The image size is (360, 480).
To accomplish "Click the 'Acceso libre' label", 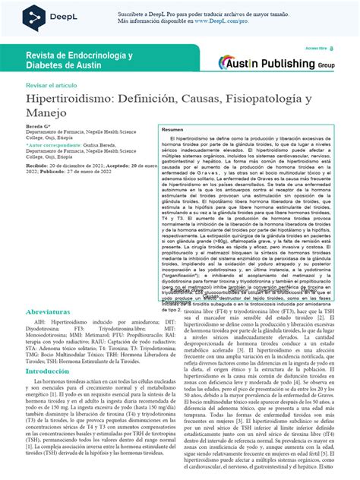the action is [314, 47].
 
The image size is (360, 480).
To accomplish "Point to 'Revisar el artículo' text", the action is [52, 86].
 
